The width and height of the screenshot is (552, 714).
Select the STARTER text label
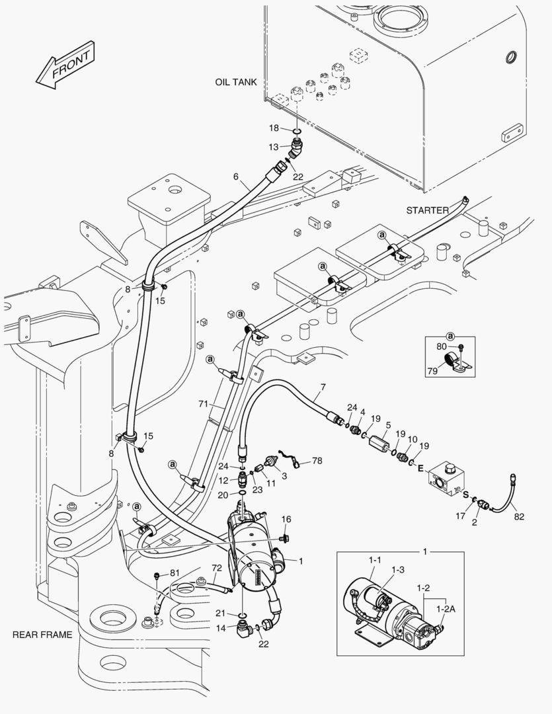click(427, 210)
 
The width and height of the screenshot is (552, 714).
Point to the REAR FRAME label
click(42, 635)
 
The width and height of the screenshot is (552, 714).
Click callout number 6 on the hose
click(235, 177)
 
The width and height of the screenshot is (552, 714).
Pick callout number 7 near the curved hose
click(323, 386)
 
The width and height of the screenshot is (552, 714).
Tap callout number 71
click(203, 403)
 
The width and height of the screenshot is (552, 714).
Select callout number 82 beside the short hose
click(520, 516)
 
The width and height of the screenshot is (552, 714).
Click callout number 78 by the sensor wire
click(317, 460)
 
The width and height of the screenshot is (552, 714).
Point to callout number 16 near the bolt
click(286, 519)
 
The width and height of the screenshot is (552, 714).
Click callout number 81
click(175, 573)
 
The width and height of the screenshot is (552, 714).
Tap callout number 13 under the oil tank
click(274, 146)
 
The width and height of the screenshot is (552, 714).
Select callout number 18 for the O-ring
click(274, 127)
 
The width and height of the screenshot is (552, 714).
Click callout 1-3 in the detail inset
click(398, 569)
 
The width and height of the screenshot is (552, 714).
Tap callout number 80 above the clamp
click(441, 346)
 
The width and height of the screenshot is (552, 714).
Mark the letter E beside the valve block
click(419, 468)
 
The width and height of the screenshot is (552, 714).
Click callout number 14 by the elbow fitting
click(221, 627)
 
